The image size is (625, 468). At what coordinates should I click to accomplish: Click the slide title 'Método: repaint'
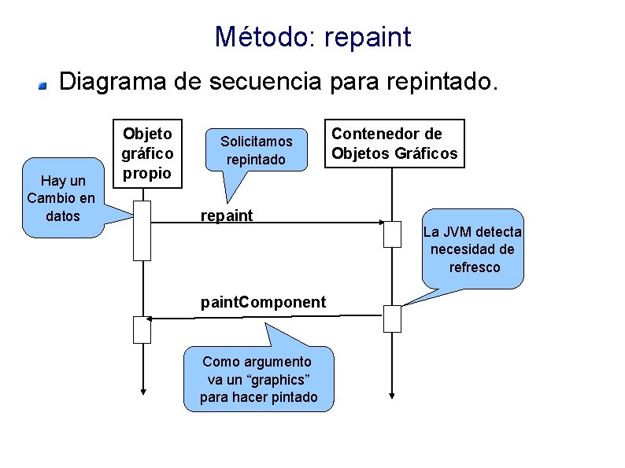pyautogui.click(x=312, y=36)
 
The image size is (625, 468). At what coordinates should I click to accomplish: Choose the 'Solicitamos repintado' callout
pyautogui.click(x=256, y=150)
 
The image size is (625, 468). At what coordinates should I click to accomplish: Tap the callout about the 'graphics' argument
pyautogui.click(x=259, y=379)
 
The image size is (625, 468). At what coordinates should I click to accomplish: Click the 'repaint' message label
pyautogui.click(x=227, y=216)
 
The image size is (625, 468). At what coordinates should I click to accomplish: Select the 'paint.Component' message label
pyautogui.click(x=263, y=302)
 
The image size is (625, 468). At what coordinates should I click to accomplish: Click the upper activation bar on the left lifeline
pyautogui.click(x=142, y=230)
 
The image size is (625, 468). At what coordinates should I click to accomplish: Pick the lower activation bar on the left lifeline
pyautogui.click(x=142, y=329)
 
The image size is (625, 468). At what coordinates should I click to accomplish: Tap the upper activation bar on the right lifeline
pyautogui.click(x=392, y=234)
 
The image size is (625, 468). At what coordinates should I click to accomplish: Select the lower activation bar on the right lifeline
pyautogui.click(x=392, y=319)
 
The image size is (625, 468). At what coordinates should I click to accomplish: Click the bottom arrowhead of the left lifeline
pyautogui.click(x=142, y=391)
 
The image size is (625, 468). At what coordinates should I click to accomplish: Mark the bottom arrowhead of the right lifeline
pyautogui.click(x=392, y=394)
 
